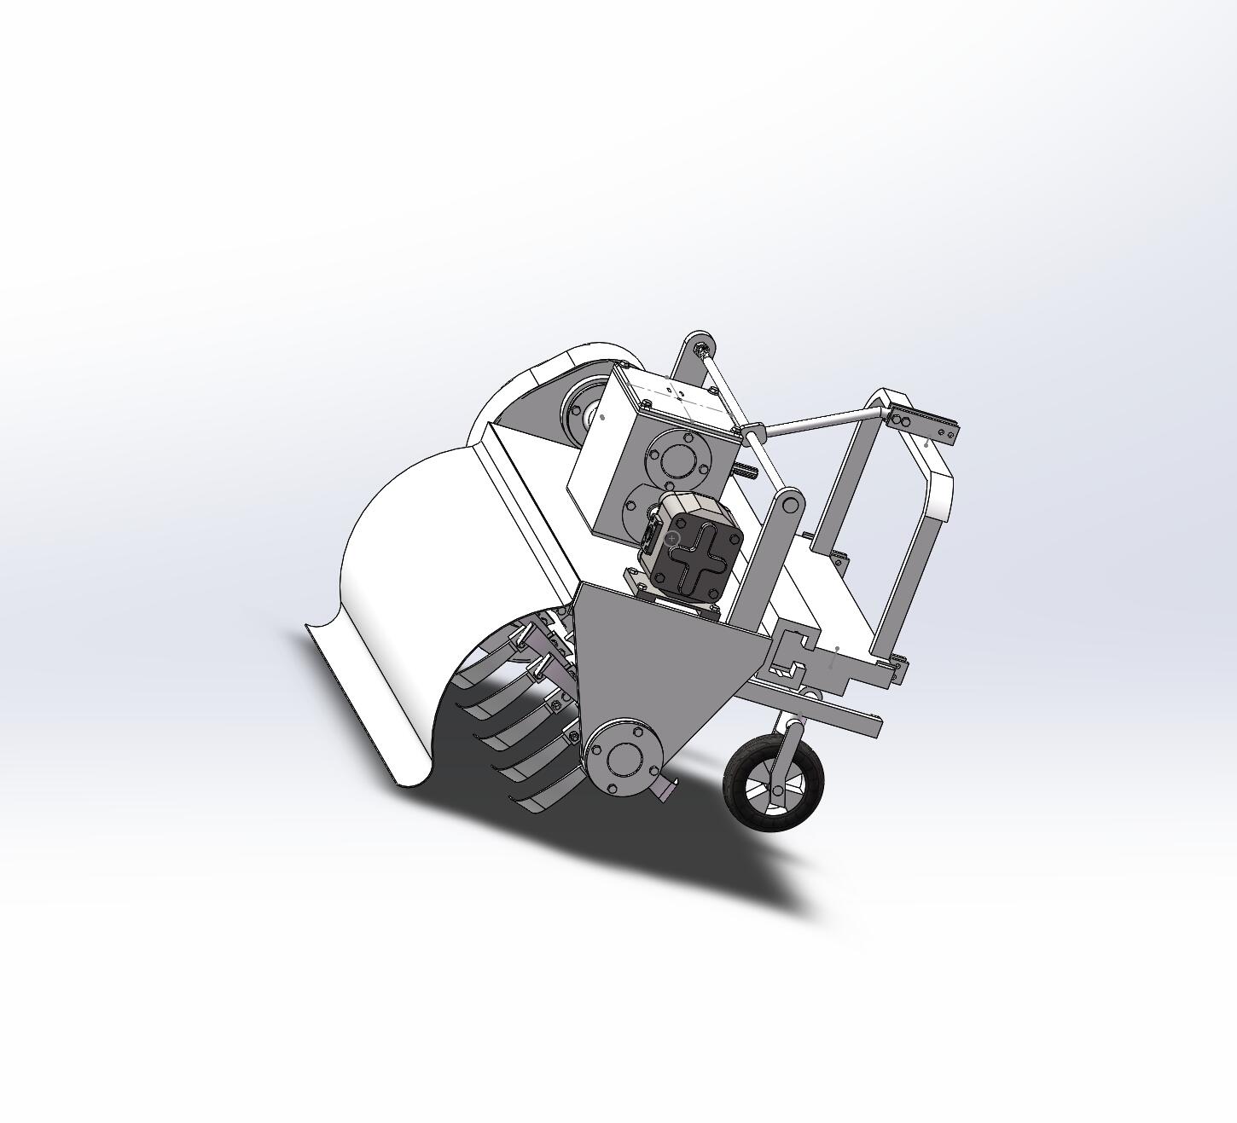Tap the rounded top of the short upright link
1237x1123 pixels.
point(790,503)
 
